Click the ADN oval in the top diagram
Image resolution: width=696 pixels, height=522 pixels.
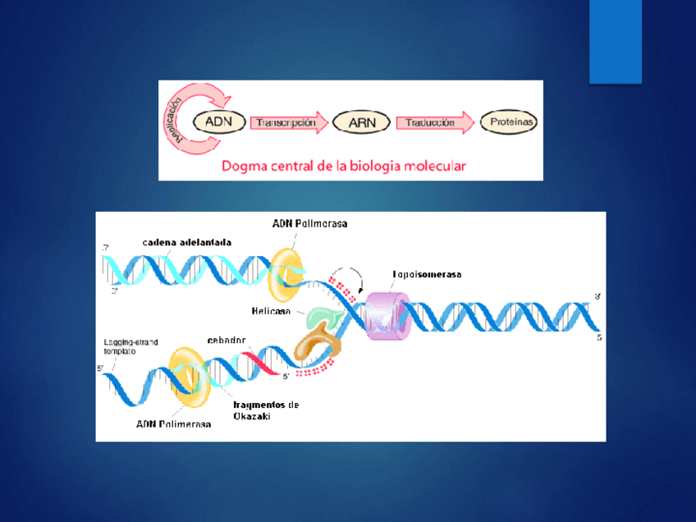coord(218,122)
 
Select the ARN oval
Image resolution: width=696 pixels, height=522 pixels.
coord(362,123)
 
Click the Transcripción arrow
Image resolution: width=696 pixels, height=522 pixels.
coord(286,122)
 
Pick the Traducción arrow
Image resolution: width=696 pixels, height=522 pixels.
coord(433,122)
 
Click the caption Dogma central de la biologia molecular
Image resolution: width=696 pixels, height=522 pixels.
coord(344,166)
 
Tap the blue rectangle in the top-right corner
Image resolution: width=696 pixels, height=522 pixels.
coord(615,41)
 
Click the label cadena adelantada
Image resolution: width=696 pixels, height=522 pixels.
coord(186,242)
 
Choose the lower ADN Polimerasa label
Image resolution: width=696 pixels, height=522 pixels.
coord(173,424)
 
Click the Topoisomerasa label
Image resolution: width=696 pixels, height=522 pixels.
coord(426,275)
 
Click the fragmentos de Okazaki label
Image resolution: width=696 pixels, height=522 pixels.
coord(266,410)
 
